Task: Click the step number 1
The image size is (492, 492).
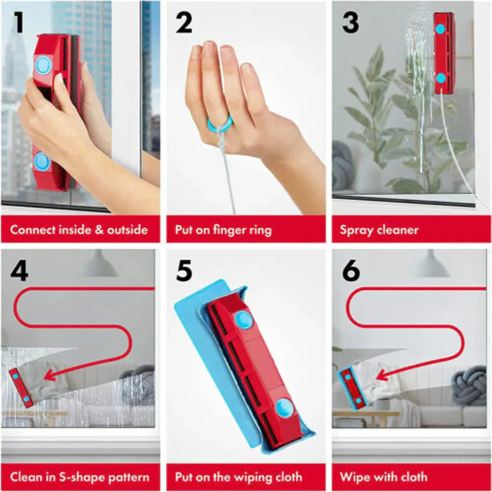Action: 18,23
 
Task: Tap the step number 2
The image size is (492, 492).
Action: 184,23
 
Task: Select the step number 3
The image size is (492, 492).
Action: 350,23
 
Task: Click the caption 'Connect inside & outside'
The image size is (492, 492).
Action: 79,230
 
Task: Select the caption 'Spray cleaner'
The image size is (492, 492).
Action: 379,230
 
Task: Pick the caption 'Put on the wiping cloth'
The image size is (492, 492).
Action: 239,477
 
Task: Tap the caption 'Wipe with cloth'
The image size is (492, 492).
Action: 384,477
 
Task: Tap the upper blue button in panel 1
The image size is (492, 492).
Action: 43,64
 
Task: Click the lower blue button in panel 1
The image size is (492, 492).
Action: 42,161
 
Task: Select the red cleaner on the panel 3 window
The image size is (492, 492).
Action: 444,53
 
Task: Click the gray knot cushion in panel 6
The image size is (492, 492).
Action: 469,386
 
